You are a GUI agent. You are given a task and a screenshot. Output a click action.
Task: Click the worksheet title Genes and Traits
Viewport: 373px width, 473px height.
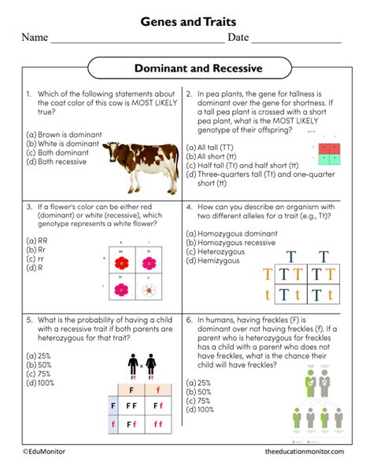click(x=187, y=22)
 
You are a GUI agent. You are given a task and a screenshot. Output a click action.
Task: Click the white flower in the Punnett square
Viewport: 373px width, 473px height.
click(x=146, y=290)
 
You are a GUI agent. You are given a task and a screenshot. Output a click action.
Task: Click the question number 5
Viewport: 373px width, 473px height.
click(x=29, y=320)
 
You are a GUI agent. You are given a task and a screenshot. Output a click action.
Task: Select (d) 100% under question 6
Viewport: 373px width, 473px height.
click(x=200, y=409)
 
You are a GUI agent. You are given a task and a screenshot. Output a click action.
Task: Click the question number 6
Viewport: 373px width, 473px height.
click(x=190, y=320)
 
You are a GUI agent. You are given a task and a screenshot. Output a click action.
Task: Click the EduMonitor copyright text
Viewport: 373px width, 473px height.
click(x=46, y=451)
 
